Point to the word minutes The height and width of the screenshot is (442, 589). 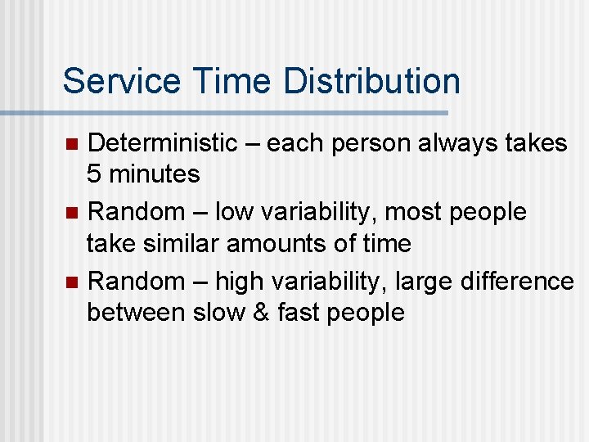154,174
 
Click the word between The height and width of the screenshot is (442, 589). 136,312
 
